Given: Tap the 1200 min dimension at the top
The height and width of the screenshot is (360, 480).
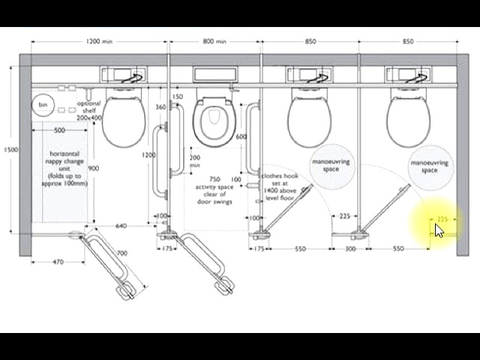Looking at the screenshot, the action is click(99, 41).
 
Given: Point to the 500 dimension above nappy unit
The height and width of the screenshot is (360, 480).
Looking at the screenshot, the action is click(59, 130).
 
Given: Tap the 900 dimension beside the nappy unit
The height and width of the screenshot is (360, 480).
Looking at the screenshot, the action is click(94, 168).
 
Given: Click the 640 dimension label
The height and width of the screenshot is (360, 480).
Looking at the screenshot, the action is click(121, 226).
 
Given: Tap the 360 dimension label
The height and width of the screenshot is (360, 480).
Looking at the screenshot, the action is click(160, 107).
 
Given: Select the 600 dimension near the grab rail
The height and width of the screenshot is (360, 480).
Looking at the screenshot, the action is click(241, 137).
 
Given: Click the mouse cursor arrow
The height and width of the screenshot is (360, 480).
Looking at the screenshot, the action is click(438, 229).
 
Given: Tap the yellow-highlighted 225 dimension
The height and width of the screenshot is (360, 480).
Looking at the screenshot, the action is click(442, 219).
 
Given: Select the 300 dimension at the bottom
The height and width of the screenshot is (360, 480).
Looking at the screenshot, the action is click(350, 248).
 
